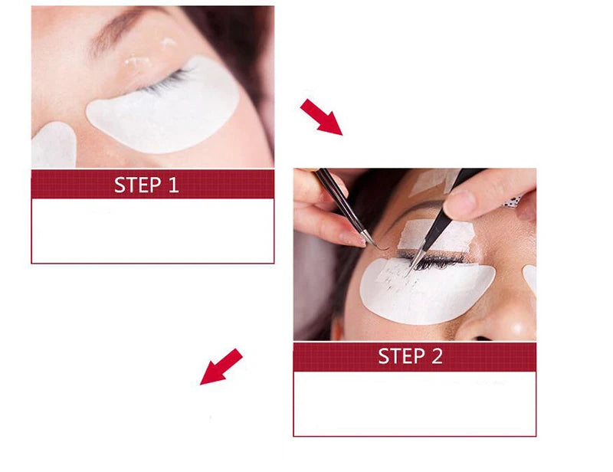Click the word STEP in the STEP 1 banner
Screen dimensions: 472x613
[x=137, y=185]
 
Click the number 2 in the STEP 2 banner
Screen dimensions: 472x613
[x=436, y=356]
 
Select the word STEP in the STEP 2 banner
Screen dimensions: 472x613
[x=401, y=356]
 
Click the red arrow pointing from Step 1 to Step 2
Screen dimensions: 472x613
[x=320, y=116]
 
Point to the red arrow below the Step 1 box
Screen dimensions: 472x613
[x=221, y=366]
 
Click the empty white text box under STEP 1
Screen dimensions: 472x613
[x=152, y=231]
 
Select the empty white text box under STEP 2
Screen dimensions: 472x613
[x=415, y=403]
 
